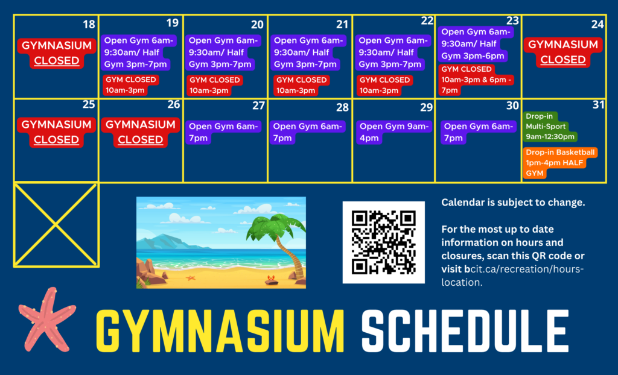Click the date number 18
click(x=89, y=25)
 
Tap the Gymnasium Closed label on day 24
click(x=563, y=52)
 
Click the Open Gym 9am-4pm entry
click(x=394, y=133)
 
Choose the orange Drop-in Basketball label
click(x=560, y=163)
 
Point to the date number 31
click(x=598, y=104)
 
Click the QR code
click(x=383, y=242)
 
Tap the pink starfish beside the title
click(x=47, y=319)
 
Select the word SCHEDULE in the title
click(x=465, y=331)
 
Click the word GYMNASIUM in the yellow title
click(x=220, y=331)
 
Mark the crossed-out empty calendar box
click(x=56, y=225)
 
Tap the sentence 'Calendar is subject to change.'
click(x=513, y=203)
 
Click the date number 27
click(x=258, y=106)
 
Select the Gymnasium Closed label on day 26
click(x=140, y=132)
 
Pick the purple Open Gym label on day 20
click(x=223, y=52)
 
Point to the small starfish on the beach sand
click(x=191, y=278)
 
